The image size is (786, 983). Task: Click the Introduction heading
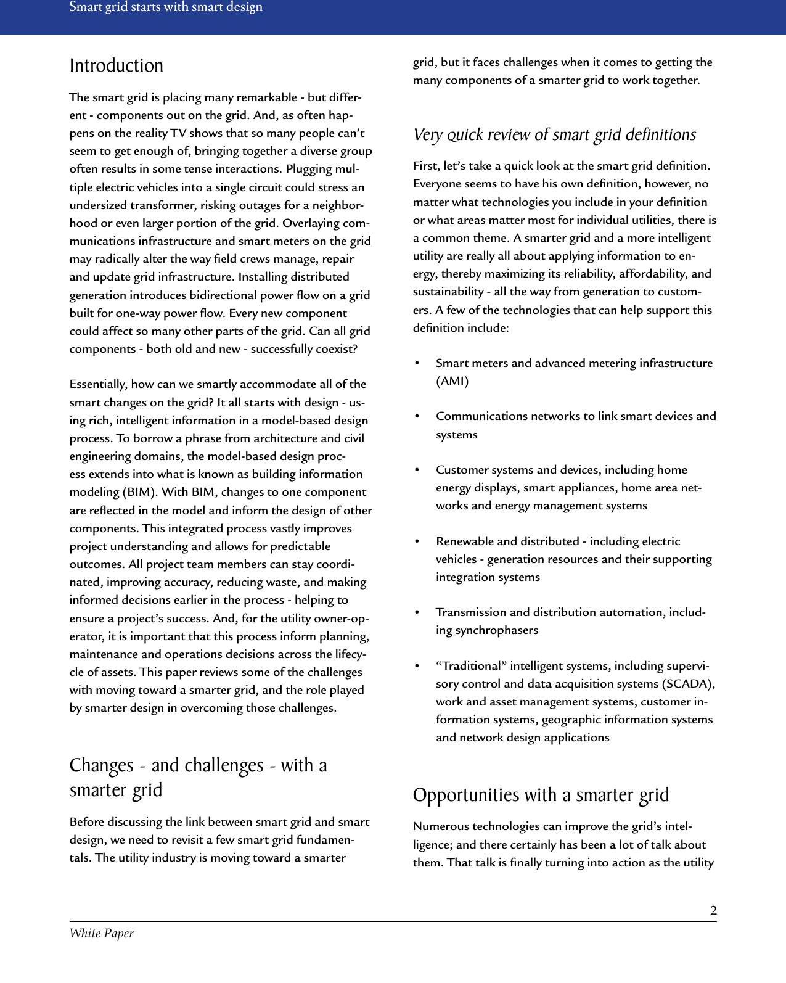click(117, 65)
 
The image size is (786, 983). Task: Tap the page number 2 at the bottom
click(713, 910)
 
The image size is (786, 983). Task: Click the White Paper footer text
click(102, 933)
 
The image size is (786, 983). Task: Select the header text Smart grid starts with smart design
click(166, 7)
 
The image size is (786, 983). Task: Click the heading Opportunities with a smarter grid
click(541, 795)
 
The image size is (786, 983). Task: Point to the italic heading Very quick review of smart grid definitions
click(554, 134)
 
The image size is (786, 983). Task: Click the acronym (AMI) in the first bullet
click(452, 381)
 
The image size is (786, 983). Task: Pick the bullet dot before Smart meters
click(417, 363)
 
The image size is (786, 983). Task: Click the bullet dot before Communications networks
click(417, 416)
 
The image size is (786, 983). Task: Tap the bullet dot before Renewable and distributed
click(417, 541)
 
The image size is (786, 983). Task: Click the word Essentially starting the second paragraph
click(98, 384)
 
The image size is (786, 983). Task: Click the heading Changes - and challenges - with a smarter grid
click(198, 777)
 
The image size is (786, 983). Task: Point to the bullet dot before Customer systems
click(417, 470)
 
